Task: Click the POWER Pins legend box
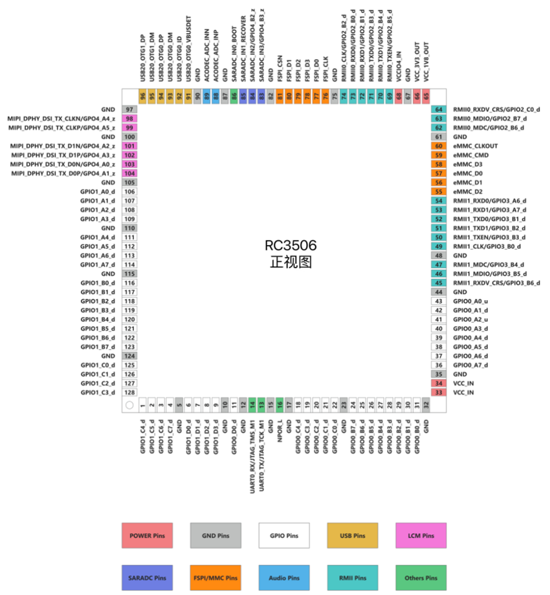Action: (x=147, y=535)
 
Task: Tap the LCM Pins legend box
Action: (x=421, y=535)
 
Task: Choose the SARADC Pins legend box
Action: (x=147, y=578)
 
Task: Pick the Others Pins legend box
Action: (x=421, y=578)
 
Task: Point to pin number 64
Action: (x=439, y=110)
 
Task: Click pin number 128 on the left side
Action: (x=130, y=393)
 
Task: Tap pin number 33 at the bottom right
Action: (x=439, y=393)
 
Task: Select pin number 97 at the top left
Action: (x=130, y=110)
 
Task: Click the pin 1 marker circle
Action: (x=129, y=406)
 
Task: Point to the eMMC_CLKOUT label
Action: (x=476, y=146)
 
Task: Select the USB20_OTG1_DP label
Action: (x=142, y=59)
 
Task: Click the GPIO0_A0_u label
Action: (x=471, y=301)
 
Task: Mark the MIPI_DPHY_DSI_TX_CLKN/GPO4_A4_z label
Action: (x=61, y=119)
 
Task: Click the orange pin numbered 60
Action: (x=439, y=146)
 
